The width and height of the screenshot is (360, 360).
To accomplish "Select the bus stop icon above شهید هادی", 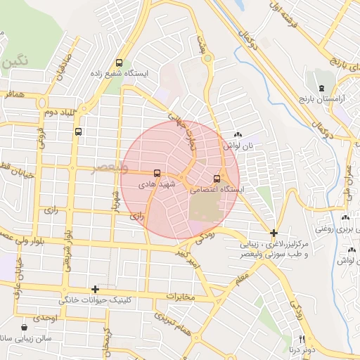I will pyautogui.click(x=156, y=173).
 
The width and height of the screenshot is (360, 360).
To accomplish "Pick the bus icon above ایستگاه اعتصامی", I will pyautogui.click(x=217, y=179).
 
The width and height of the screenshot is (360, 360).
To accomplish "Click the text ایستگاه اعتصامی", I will pyautogui.click(x=218, y=190).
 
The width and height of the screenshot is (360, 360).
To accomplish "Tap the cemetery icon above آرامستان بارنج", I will pyautogui.click(x=321, y=89).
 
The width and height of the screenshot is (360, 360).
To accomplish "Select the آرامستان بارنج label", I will pyautogui.click(x=323, y=100).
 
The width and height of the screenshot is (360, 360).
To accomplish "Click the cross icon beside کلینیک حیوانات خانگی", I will pyautogui.click(x=95, y=289).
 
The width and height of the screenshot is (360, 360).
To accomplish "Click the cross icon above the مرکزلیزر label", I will pyautogui.click(x=274, y=233).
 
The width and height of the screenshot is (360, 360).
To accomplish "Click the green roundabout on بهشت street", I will pyautogui.click(x=207, y=58).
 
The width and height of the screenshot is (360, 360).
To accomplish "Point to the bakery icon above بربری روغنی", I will pyautogui.click(x=346, y=218).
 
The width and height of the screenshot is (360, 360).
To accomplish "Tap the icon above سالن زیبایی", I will pyautogui.click(x=25, y=327).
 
